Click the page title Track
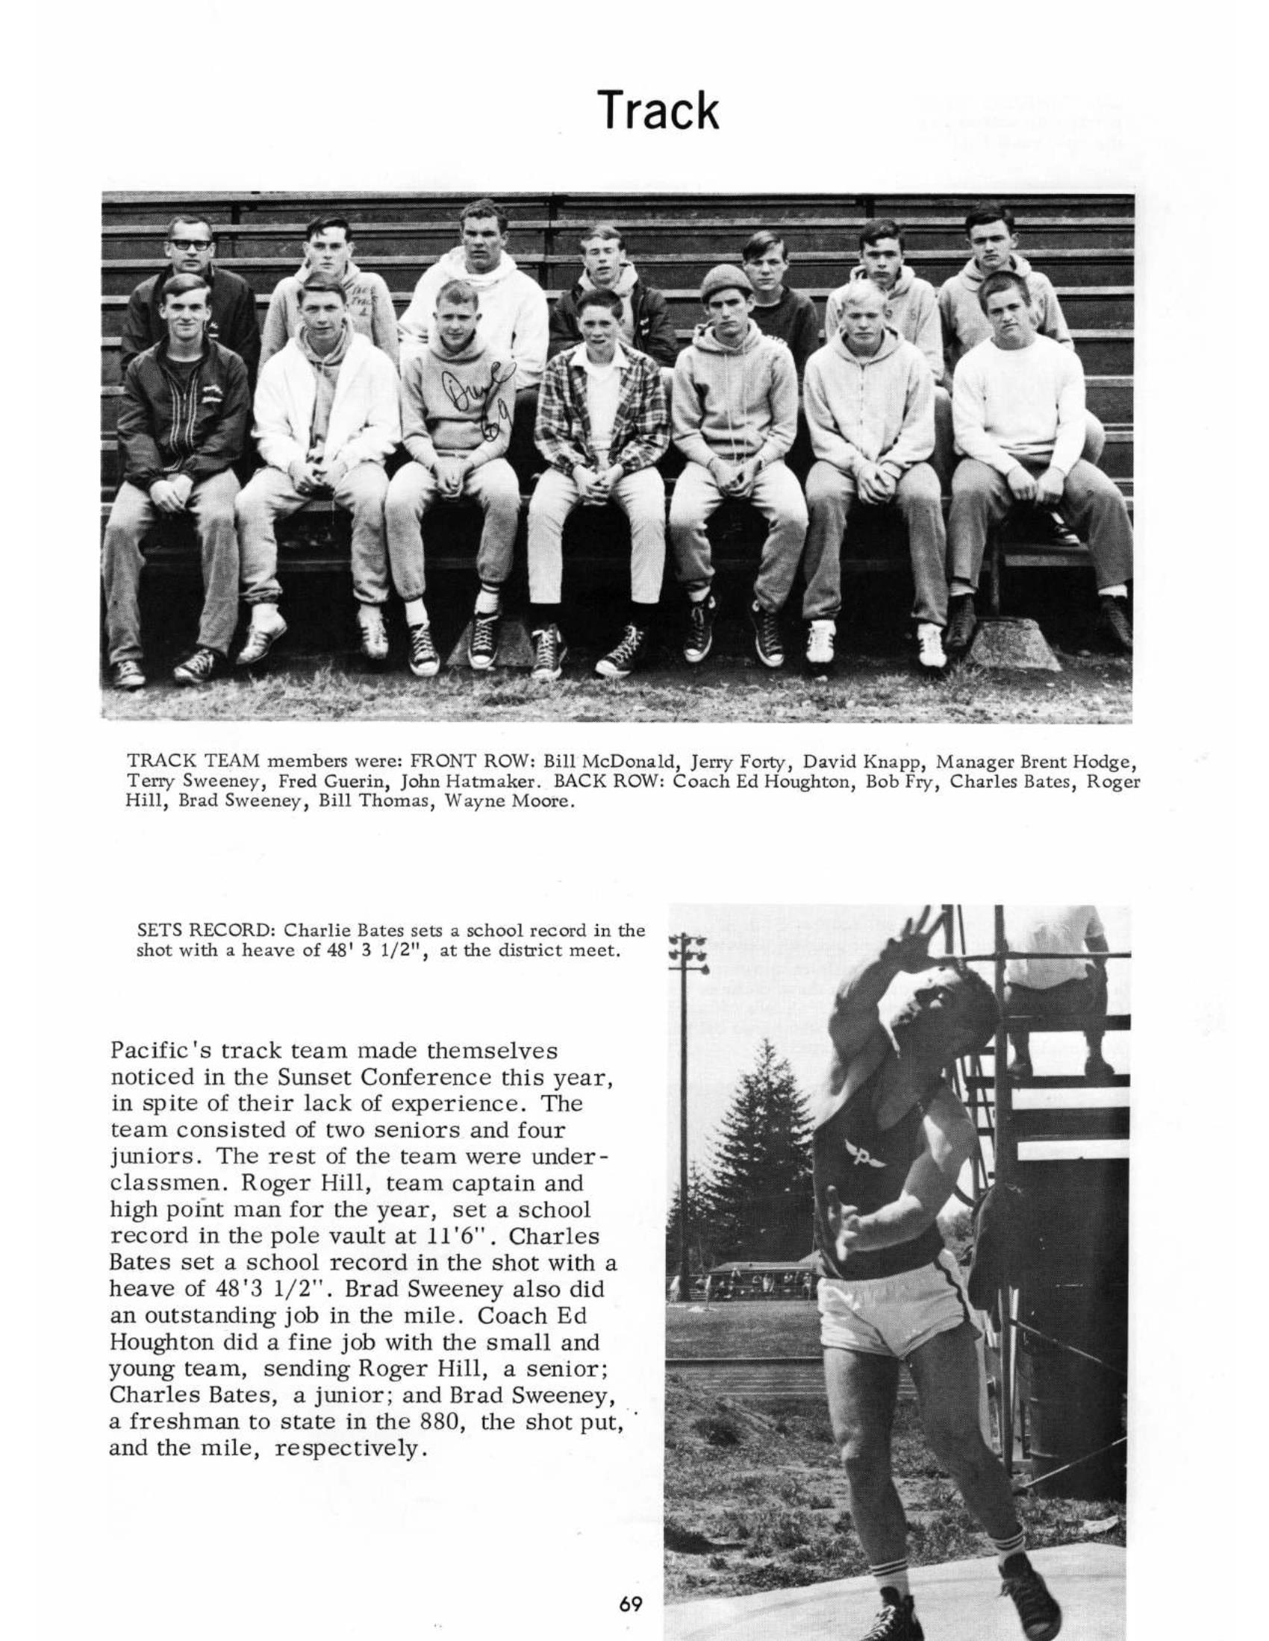(x=658, y=110)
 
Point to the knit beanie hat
(x=725, y=282)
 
